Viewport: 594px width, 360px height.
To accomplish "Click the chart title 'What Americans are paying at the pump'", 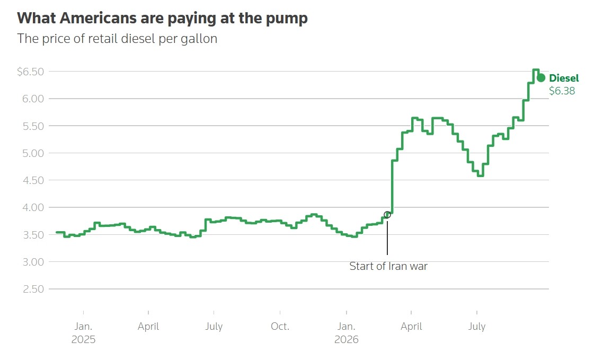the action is click(162, 18).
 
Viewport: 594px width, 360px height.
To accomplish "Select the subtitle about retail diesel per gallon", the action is click(117, 39).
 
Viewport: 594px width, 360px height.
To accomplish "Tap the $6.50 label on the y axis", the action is click(31, 71).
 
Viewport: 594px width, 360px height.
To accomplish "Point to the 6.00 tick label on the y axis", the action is click(33, 99).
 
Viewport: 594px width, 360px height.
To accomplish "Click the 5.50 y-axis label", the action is click(33, 126).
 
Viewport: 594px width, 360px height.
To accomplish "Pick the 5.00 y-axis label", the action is click(33, 153).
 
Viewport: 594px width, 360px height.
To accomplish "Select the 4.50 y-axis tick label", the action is click(33, 180).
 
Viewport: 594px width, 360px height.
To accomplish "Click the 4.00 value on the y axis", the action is click(33, 207).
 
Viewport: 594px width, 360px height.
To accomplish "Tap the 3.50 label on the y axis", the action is click(33, 234).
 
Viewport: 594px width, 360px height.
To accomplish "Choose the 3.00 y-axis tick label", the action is click(33, 262).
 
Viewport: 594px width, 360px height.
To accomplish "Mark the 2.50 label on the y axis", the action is click(33, 289).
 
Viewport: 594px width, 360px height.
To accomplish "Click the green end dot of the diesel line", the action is click(541, 78).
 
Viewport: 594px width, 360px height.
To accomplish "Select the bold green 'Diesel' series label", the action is click(564, 78).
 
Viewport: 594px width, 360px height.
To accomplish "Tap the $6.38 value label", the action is click(562, 91).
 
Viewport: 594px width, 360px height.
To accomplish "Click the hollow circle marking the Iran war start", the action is click(387, 215).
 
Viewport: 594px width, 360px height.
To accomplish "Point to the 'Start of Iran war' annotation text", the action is click(388, 266).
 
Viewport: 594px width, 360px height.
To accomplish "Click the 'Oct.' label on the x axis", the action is click(280, 326).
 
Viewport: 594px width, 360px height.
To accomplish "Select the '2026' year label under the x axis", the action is click(346, 339).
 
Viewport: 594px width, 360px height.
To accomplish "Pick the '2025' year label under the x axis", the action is click(83, 339).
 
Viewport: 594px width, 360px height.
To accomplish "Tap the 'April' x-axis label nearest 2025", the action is click(148, 327).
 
